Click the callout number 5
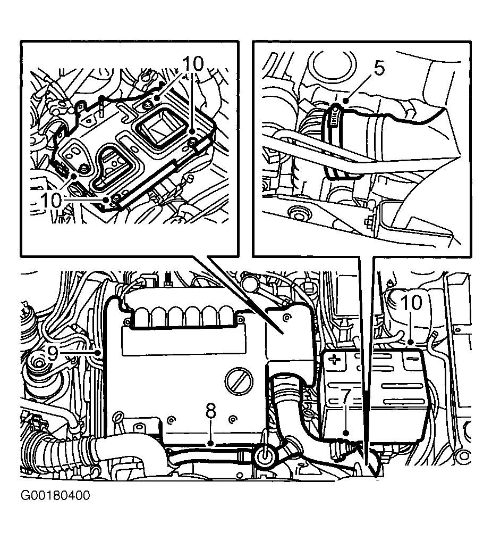pos(379,69)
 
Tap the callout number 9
pos(53,353)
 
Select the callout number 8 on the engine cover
pos(211,411)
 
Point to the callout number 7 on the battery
pos(346,396)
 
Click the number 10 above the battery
pos(411,303)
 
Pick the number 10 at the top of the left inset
pos(192,64)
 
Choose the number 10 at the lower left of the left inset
pos(51,200)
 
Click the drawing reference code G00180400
pos(55,495)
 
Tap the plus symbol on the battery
pos(333,361)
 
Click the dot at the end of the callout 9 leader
pos(99,353)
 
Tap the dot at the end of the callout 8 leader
pos(211,443)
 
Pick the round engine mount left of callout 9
pos(39,364)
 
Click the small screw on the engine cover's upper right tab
pos(286,318)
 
